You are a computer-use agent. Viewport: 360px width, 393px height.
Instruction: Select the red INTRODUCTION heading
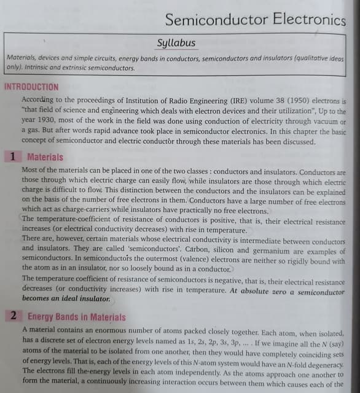pos(31,87)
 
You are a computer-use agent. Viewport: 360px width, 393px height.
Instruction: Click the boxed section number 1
pos(12,157)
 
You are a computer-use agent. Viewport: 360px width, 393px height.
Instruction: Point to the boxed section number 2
pos(13,317)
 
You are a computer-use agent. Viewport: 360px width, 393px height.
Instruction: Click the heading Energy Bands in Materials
pos(77,317)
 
